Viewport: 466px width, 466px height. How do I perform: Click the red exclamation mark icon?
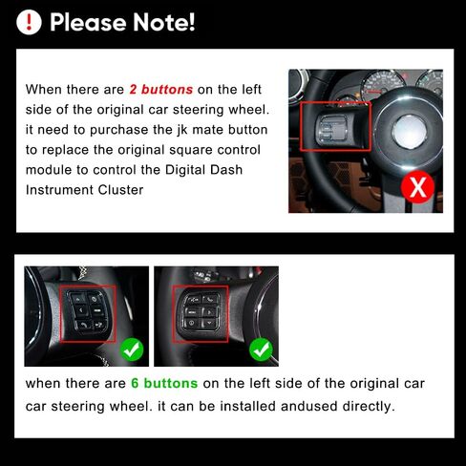29,22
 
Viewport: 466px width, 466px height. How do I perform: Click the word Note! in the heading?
163,22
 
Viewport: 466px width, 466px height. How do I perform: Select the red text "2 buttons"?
161,90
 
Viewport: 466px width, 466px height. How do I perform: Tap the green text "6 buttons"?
164,383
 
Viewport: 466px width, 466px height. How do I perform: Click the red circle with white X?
417,187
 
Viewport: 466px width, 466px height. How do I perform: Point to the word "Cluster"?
120,190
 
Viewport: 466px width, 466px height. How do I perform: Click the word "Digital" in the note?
185,170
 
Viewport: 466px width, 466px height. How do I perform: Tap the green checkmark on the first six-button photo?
132,349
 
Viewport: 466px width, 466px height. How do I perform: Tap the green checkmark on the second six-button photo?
261,349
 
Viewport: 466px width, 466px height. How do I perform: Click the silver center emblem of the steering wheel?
410,131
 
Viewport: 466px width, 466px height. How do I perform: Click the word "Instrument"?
59,190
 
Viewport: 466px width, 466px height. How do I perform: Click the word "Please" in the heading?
88,22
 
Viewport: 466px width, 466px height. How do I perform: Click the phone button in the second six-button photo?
210,299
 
